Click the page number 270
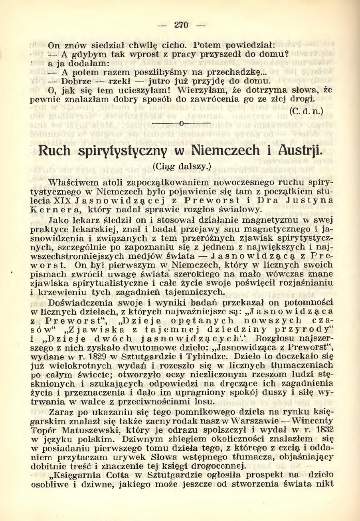(x=181, y=25)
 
